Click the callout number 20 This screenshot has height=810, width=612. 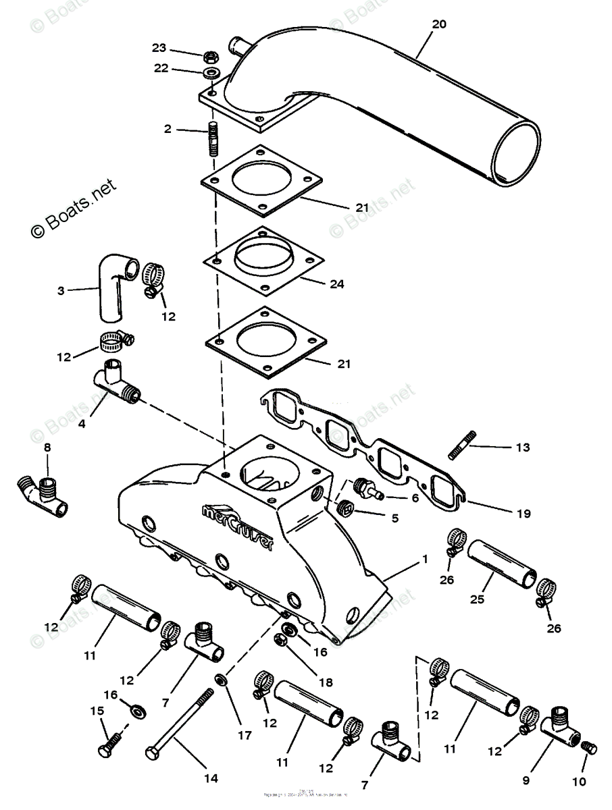[439, 24]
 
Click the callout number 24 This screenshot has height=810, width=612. [336, 284]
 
